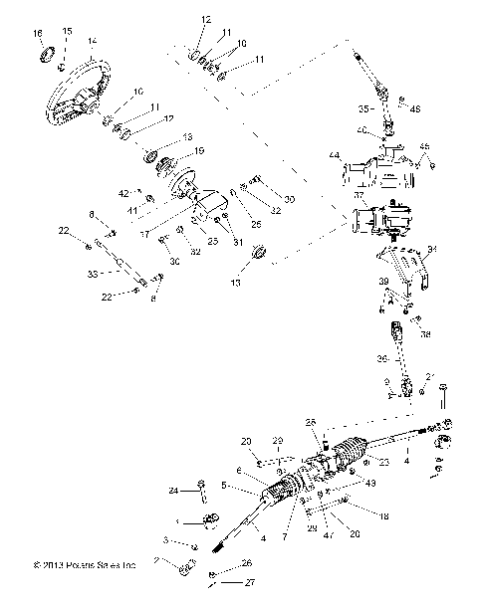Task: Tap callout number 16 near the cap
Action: pyautogui.click(x=39, y=35)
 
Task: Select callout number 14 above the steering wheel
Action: pyautogui.click(x=92, y=41)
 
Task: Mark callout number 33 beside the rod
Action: pyautogui.click(x=95, y=272)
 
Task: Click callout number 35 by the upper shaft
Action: pyautogui.click(x=364, y=107)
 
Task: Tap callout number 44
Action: pyautogui.click(x=336, y=157)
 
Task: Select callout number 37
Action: pyautogui.click(x=358, y=197)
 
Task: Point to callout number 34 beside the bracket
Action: pyautogui.click(x=431, y=250)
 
